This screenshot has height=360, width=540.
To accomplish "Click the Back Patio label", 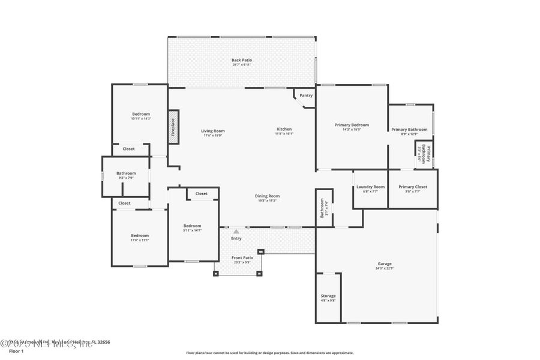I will (241, 60).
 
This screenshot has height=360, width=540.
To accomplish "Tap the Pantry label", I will (306, 95).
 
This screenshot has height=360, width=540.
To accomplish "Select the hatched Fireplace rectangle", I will (173, 127).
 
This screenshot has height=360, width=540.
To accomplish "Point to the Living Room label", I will (212, 131).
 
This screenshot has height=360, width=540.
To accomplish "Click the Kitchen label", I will (284, 129).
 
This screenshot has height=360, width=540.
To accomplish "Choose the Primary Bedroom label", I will (352, 125).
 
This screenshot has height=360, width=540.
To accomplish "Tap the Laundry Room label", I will (370, 187).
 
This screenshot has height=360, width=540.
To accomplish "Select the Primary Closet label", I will (413, 187).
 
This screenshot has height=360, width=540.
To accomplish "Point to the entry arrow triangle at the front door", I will (236, 231).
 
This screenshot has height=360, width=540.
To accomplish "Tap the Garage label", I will (385, 263).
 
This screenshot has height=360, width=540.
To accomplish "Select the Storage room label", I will (328, 296).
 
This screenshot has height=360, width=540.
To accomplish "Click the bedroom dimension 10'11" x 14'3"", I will (141, 119).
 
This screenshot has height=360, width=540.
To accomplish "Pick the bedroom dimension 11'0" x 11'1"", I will (140, 240).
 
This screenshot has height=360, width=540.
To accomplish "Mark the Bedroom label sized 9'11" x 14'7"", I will (192, 226).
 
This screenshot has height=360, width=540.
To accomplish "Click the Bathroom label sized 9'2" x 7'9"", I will (126, 173).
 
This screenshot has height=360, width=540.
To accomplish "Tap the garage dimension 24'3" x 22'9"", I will (385, 268).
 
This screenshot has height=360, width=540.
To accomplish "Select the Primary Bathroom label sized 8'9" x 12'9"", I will (409, 130).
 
